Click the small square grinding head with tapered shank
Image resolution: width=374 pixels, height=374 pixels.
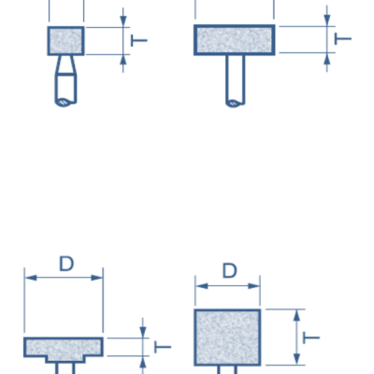[x=65, y=41]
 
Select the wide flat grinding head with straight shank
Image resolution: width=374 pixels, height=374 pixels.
[x=235, y=40]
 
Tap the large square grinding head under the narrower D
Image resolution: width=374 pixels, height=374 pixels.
[x=227, y=338]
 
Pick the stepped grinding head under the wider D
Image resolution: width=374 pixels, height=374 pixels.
[x=64, y=349]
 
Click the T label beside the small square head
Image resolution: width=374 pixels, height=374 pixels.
[x=138, y=40]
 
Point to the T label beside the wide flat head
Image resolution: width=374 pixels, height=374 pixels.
[x=343, y=39]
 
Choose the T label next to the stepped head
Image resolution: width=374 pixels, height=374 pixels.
[x=163, y=347]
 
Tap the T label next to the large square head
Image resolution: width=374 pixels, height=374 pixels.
[x=311, y=338]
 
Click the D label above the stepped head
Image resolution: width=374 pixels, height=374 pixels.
[x=66, y=264]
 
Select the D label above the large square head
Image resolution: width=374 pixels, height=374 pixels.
[x=230, y=271]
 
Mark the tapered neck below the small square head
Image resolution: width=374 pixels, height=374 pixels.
[x=65, y=65]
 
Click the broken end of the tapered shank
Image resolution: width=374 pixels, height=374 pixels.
[x=65, y=103]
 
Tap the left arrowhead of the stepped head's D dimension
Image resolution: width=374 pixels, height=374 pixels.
[x=31, y=278]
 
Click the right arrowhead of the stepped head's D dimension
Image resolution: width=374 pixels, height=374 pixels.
[x=97, y=278]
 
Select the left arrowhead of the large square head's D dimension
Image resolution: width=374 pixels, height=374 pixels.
[x=202, y=286]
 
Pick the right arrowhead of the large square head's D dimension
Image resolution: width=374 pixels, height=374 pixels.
[x=254, y=286]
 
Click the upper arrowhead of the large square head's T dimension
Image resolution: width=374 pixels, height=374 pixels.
[x=296, y=315]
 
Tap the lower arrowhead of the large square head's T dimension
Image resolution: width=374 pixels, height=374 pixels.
[x=296, y=359]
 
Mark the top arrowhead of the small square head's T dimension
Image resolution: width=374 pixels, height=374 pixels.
[x=123, y=22]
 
